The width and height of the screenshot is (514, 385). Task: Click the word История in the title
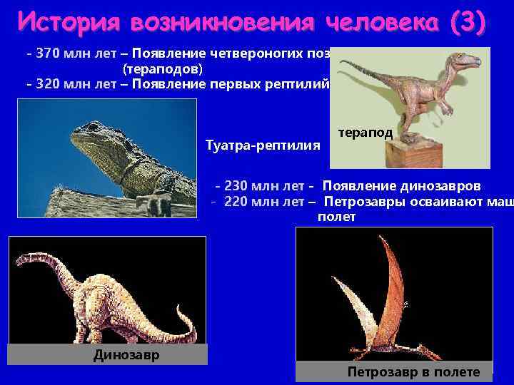click(x=69, y=21)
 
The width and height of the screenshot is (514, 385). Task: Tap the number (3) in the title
click(x=468, y=21)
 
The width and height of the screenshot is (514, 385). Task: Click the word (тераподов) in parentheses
click(x=163, y=69)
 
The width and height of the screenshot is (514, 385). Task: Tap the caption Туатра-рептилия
click(x=262, y=145)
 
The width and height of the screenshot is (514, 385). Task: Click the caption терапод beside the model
click(x=365, y=133)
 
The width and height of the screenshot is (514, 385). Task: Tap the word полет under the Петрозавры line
click(x=336, y=217)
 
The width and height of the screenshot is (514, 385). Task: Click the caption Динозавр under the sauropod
click(x=126, y=354)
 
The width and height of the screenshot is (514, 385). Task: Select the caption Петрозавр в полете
click(x=413, y=371)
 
